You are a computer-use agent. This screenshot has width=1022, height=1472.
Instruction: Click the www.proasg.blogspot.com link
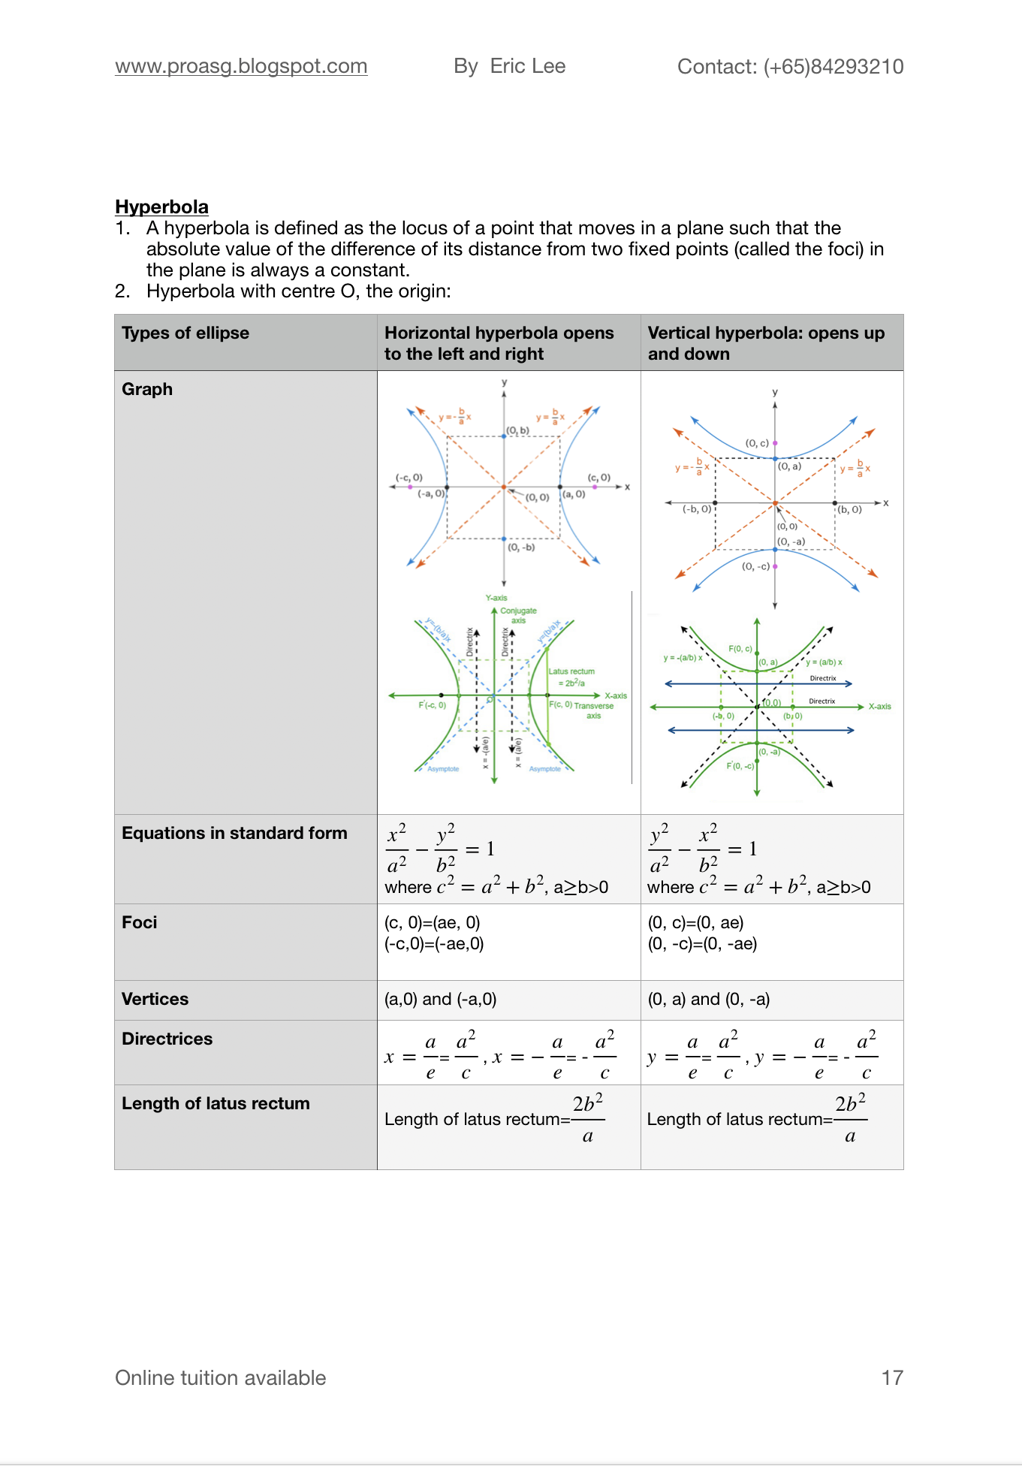click(x=241, y=66)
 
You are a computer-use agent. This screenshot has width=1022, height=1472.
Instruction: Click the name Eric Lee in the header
click(x=527, y=66)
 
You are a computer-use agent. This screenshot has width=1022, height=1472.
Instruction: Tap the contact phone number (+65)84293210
click(x=833, y=67)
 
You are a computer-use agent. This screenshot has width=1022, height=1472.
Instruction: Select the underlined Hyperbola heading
click(x=161, y=207)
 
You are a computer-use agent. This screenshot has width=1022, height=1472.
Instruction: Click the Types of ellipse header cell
click(x=185, y=333)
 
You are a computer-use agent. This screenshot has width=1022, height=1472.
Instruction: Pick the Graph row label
click(x=147, y=389)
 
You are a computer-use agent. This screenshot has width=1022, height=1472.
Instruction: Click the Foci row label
click(x=140, y=922)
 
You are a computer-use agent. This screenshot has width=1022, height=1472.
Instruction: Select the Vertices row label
click(x=155, y=999)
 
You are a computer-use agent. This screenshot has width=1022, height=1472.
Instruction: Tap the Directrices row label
click(x=167, y=1039)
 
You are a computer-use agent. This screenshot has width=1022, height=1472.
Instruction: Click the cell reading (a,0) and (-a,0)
click(x=440, y=999)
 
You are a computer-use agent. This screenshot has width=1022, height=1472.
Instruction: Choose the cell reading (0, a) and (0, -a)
click(x=708, y=999)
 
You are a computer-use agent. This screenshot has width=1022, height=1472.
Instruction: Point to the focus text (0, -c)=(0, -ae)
click(x=702, y=944)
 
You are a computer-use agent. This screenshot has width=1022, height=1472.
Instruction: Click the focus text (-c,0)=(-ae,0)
click(x=434, y=944)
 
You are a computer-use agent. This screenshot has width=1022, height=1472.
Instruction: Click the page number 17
click(x=891, y=1377)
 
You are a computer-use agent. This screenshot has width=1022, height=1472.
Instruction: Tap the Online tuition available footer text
click(x=220, y=1377)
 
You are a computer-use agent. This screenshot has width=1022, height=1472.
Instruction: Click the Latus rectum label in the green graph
click(x=571, y=671)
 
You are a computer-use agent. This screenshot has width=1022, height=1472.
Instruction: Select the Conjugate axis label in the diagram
click(x=519, y=615)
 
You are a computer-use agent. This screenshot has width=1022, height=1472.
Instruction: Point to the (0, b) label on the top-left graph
click(x=518, y=430)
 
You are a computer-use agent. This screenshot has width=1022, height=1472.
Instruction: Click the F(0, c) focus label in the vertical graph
click(x=740, y=648)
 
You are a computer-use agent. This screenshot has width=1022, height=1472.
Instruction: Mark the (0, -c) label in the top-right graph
click(x=755, y=566)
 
